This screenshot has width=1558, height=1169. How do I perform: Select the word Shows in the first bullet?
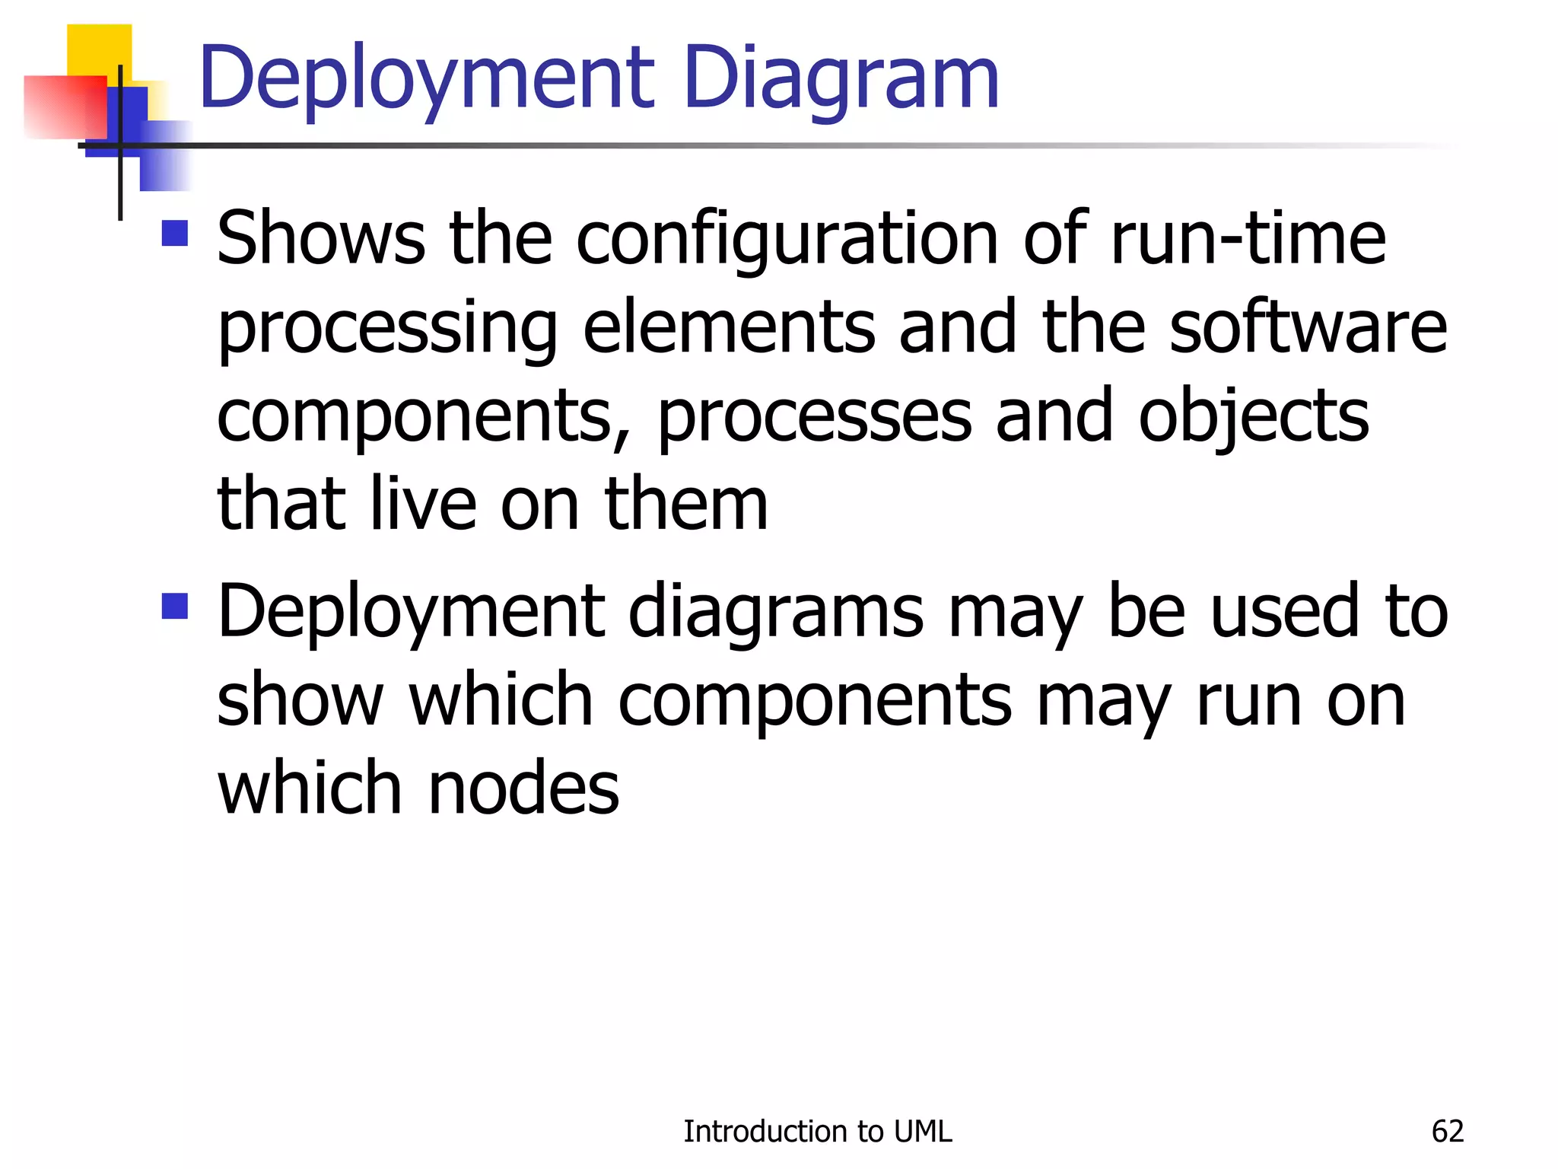pyautogui.click(x=320, y=238)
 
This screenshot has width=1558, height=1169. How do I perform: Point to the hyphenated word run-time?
pyautogui.click(x=1248, y=238)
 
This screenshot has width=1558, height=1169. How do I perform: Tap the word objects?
pyautogui.click(x=1253, y=417)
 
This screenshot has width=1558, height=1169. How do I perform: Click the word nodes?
pyautogui.click(x=523, y=788)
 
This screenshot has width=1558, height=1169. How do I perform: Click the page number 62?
pyautogui.click(x=1447, y=1132)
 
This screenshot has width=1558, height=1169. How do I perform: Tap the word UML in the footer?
pyautogui.click(x=923, y=1132)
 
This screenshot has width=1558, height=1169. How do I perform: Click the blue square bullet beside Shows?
pyautogui.click(x=175, y=234)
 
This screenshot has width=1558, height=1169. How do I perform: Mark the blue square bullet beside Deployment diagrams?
pyautogui.click(x=175, y=607)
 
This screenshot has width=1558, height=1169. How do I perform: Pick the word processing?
pyautogui.click(x=387, y=329)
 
